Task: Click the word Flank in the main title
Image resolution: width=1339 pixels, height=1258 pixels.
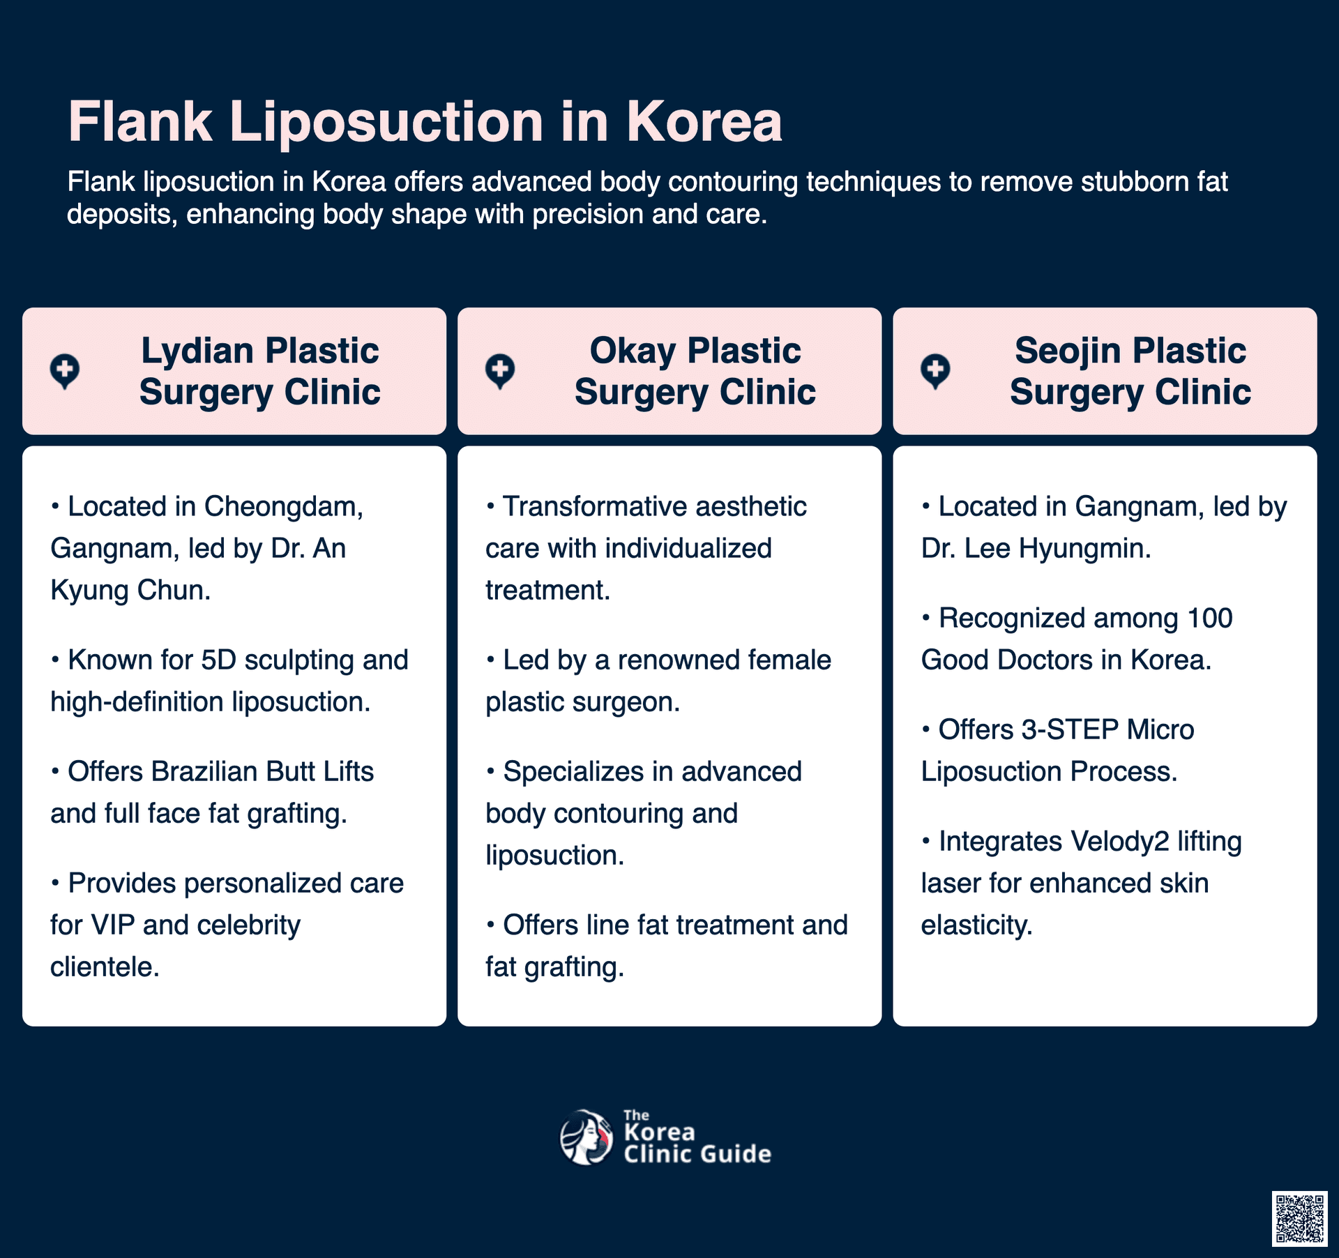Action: [139, 122]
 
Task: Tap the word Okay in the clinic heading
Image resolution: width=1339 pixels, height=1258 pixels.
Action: [632, 351]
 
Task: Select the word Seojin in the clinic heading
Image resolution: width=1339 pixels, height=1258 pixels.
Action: [1068, 351]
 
